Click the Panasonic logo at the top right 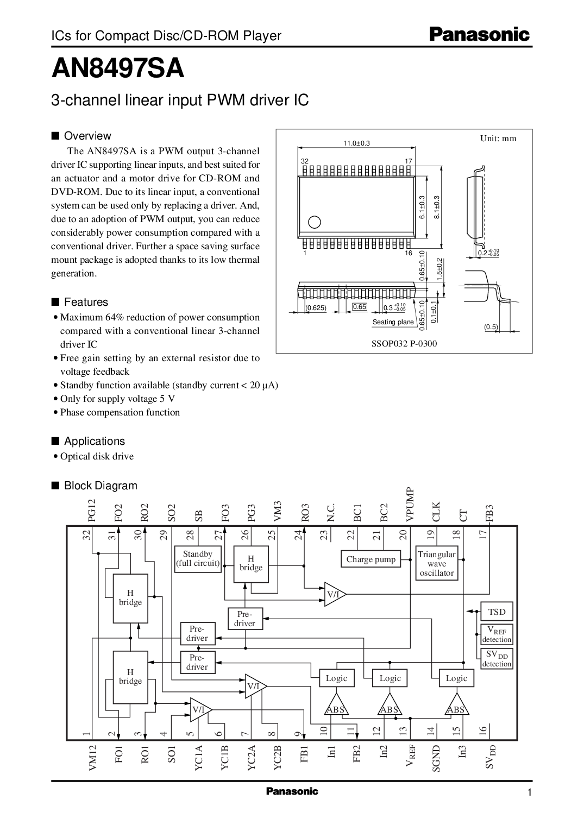pyautogui.click(x=479, y=35)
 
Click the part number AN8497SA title pyautogui.click(x=117, y=70)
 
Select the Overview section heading pyautogui.click(x=87, y=136)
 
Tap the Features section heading pyautogui.click(x=85, y=302)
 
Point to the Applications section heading pyautogui.click(x=94, y=441)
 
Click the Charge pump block pyautogui.click(x=371, y=559)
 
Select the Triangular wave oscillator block pyautogui.click(x=436, y=563)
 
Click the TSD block pyautogui.click(x=497, y=612)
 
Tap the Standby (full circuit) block pyautogui.click(x=198, y=559)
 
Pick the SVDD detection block pyautogui.click(x=497, y=659)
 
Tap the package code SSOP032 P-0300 pyautogui.click(x=404, y=343)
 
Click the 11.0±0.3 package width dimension pyautogui.click(x=356, y=143)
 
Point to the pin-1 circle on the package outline pyautogui.click(x=314, y=221)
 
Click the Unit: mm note pyautogui.click(x=498, y=138)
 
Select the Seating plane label pyautogui.click(x=393, y=322)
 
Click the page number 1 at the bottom pyautogui.click(x=529, y=808)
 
